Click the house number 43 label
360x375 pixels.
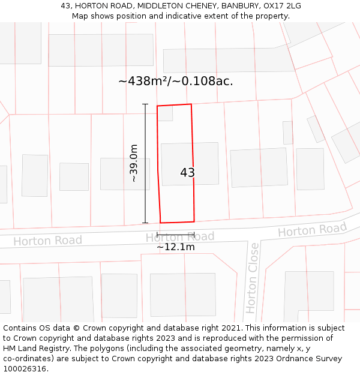187,173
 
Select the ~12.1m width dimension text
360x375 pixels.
176,247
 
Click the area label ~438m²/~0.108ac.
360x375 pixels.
176,81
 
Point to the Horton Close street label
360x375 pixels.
253,277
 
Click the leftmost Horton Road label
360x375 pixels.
47,241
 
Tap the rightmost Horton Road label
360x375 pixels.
312,229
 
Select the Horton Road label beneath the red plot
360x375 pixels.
180,237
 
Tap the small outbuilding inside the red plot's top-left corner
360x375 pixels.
165,113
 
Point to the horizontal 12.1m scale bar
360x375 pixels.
176,234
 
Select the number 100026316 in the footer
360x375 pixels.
23,369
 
